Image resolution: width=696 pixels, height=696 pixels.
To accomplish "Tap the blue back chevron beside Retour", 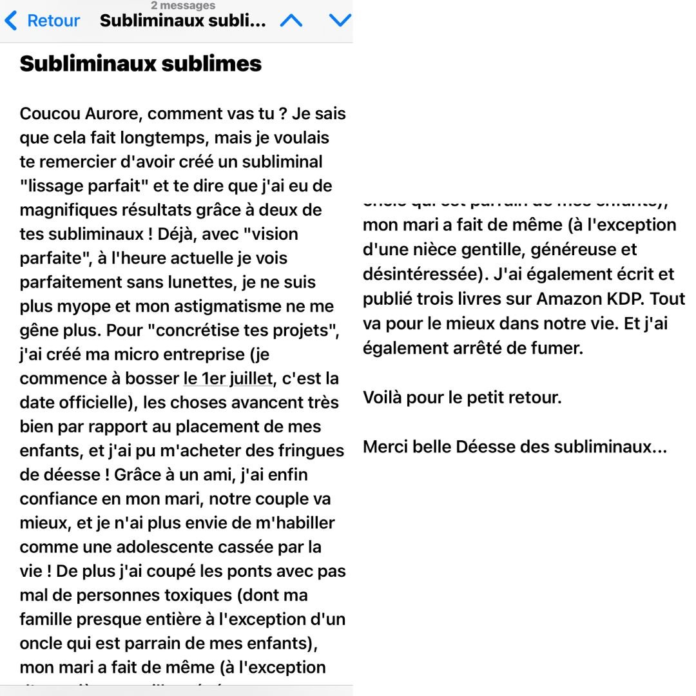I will coord(10,21).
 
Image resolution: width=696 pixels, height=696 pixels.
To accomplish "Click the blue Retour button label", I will coord(53,21).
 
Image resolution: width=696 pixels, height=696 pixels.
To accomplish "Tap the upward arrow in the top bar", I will coord(291,21).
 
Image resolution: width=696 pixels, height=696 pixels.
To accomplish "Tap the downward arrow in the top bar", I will coord(340,21).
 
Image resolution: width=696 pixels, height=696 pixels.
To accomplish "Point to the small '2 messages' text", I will coord(183,5).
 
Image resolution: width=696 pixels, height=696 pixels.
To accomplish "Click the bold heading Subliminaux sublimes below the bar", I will coord(140,63).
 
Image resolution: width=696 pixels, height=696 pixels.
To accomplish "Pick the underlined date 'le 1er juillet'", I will coord(228,378).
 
